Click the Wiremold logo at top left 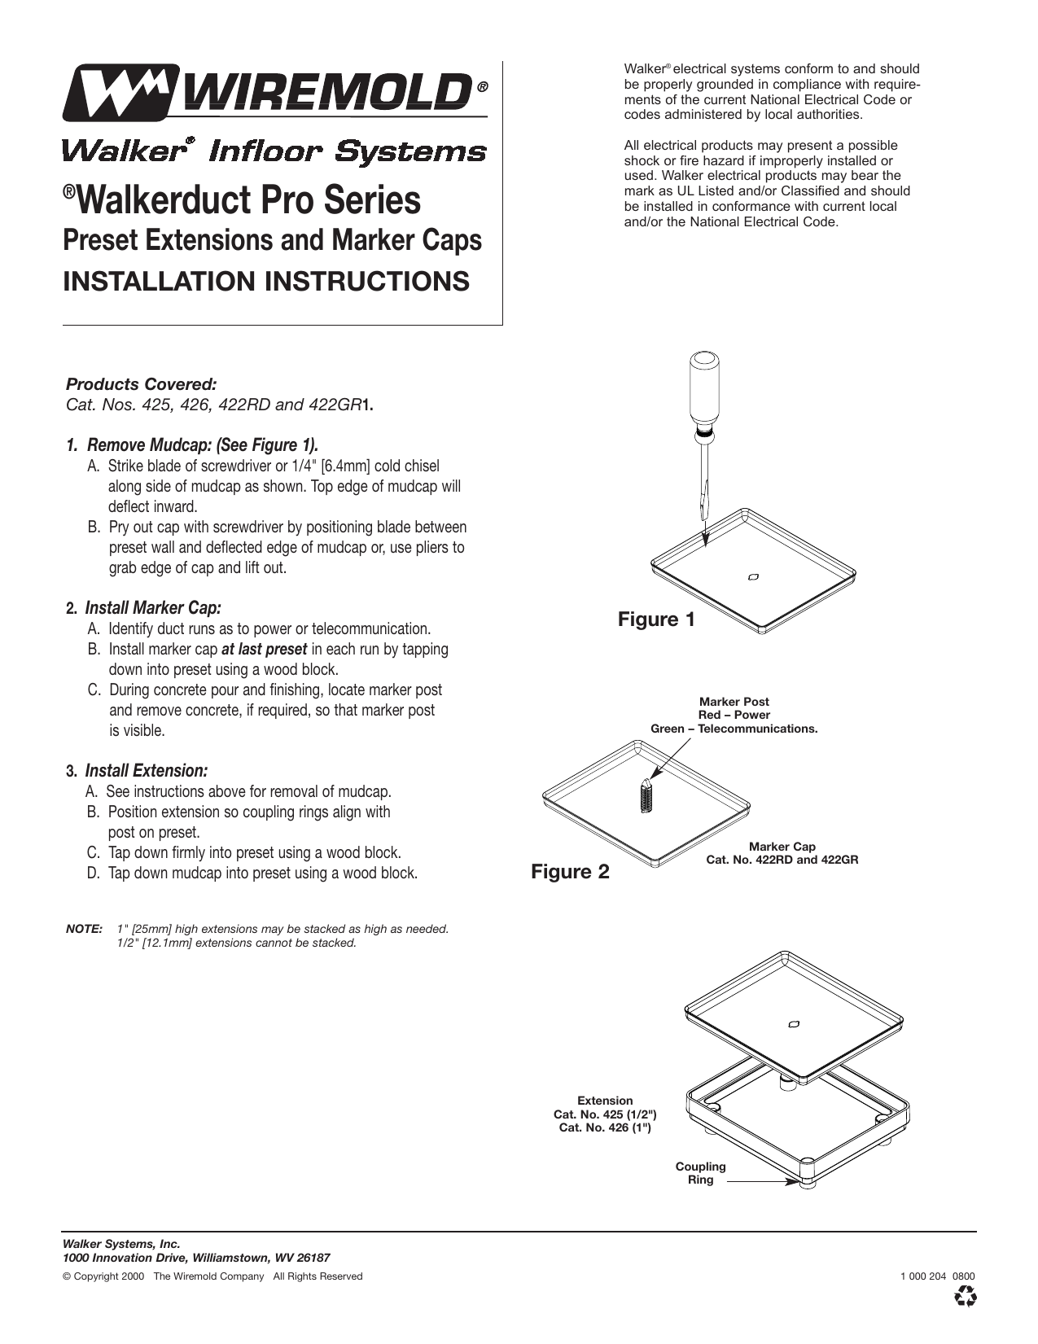tap(275, 93)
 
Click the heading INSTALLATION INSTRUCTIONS tap(266, 281)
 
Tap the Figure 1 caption tap(656, 620)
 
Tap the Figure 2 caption tap(570, 873)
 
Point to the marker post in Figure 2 tap(645, 795)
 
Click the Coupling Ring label tap(700, 1173)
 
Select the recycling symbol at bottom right tap(966, 1296)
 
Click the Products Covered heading tap(141, 383)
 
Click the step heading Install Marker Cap tap(153, 608)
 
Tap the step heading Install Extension tap(147, 771)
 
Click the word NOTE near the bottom tap(83, 929)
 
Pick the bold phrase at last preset tap(264, 650)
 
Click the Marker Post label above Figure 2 tap(734, 702)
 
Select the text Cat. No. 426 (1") tap(605, 1127)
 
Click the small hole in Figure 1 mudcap tap(753, 577)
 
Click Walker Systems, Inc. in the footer tap(120, 1244)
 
